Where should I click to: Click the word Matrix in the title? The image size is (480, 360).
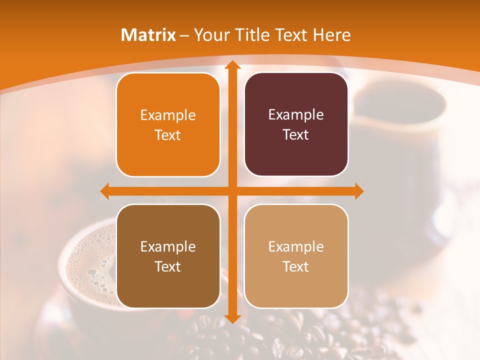point(148,35)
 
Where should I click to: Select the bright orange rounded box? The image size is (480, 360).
point(168,125)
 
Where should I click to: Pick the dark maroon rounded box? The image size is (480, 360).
point(296,125)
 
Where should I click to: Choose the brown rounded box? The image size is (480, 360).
point(168,256)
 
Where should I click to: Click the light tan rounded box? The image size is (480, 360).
point(296,256)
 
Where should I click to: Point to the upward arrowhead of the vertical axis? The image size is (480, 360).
point(231,65)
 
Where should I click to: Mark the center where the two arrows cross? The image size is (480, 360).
point(231,191)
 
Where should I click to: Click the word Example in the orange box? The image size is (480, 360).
point(168,115)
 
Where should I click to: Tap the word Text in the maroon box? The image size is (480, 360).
point(296,135)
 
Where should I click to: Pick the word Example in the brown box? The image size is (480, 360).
point(168,246)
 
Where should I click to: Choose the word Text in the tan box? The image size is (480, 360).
point(296,266)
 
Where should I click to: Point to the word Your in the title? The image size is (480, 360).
point(210,35)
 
